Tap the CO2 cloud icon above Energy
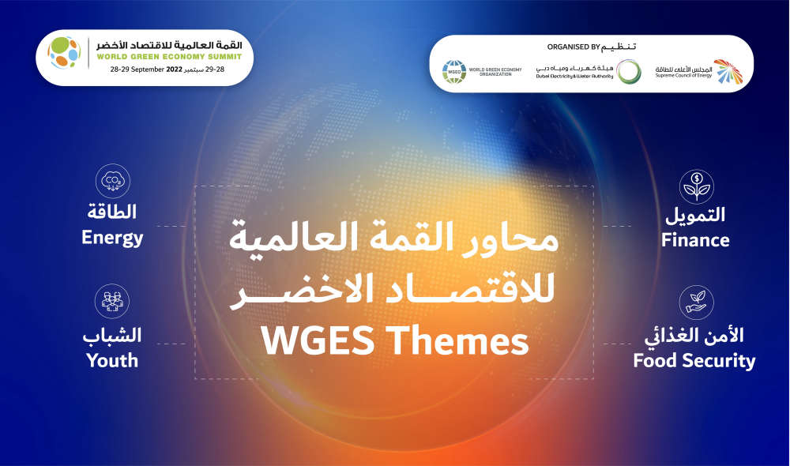pyautogui.click(x=113, y=181)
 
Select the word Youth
pyautogui.click(x=112, y=361)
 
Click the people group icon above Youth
pyautogui.click(x=112, y=301)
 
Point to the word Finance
pyautogui.click(x=695, y=240)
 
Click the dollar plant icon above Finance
pyautogui.click(x=696, y=186)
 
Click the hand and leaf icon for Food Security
pyautogui.click(x=696, y=303)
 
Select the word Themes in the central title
pyautogui.click(x=460, y=341)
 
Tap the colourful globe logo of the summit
pyautogui.click(x=64, y=52)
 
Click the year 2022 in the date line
pyautogui.click(x=174, y=70)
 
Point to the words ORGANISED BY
pyautogui.click(x=574, y=47)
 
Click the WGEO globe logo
pyautogui.click(x=454, y=72)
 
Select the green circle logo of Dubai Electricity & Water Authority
pyautogui.click(x=629, y=72)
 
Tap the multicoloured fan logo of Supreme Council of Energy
pyautogui.click(x=728, y=71)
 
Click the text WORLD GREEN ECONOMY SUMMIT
pyautogui.click(x=169, y=57)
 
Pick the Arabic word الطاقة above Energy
pyautogui.click(x=112, y=212)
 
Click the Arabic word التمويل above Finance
pyautogui.click(x=695, y=215)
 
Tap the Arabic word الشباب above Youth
pyautogui.click(x=112, y=336)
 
